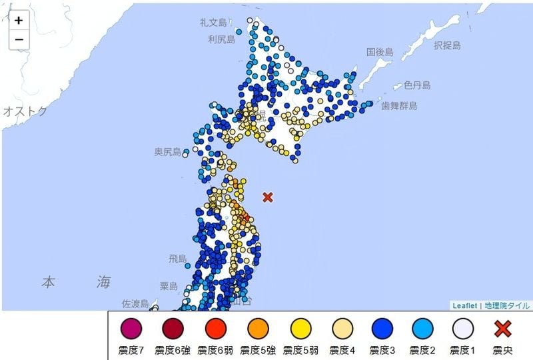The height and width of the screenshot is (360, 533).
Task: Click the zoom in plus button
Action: [19, 20]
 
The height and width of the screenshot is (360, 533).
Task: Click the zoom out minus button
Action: [19, 39]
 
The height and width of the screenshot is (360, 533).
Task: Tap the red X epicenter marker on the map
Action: [268, 197]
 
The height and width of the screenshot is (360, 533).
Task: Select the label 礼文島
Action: [215, 23]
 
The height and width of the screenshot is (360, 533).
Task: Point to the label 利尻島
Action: [222, 40]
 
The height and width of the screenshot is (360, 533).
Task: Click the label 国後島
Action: [380, 52]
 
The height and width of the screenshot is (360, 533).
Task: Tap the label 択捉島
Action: [447, 46]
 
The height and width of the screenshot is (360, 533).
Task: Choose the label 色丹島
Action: [417, 85]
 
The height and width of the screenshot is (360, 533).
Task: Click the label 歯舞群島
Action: [399, 105]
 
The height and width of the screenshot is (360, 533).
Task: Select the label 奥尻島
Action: [168, 153]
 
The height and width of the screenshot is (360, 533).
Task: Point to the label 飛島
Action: [178, 259]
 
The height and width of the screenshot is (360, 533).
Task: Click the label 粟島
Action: [169, 286]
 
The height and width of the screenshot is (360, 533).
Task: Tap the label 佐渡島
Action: [135, 304]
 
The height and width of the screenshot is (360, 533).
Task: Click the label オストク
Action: [25, 111]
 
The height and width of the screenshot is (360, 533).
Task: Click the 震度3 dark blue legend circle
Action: [382, 329]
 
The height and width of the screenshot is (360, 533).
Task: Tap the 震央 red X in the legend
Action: [504, 329]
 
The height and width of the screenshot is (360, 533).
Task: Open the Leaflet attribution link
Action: [465, 306]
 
